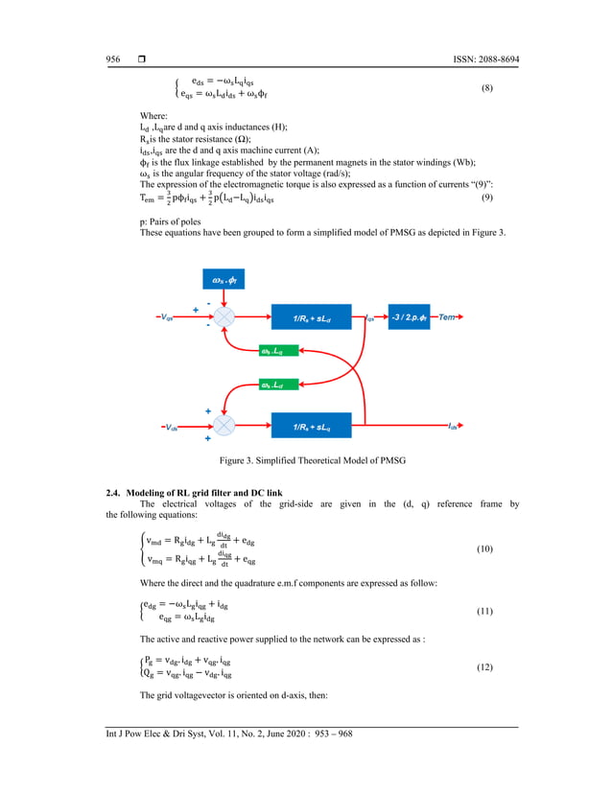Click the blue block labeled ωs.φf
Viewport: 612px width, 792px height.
click(224, 280)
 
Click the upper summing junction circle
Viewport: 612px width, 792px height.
click(224, 316)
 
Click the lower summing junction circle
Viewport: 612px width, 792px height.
click(224, 425)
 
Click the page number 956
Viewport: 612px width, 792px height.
click(112, 59)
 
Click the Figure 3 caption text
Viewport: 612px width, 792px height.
click(312, 461)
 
